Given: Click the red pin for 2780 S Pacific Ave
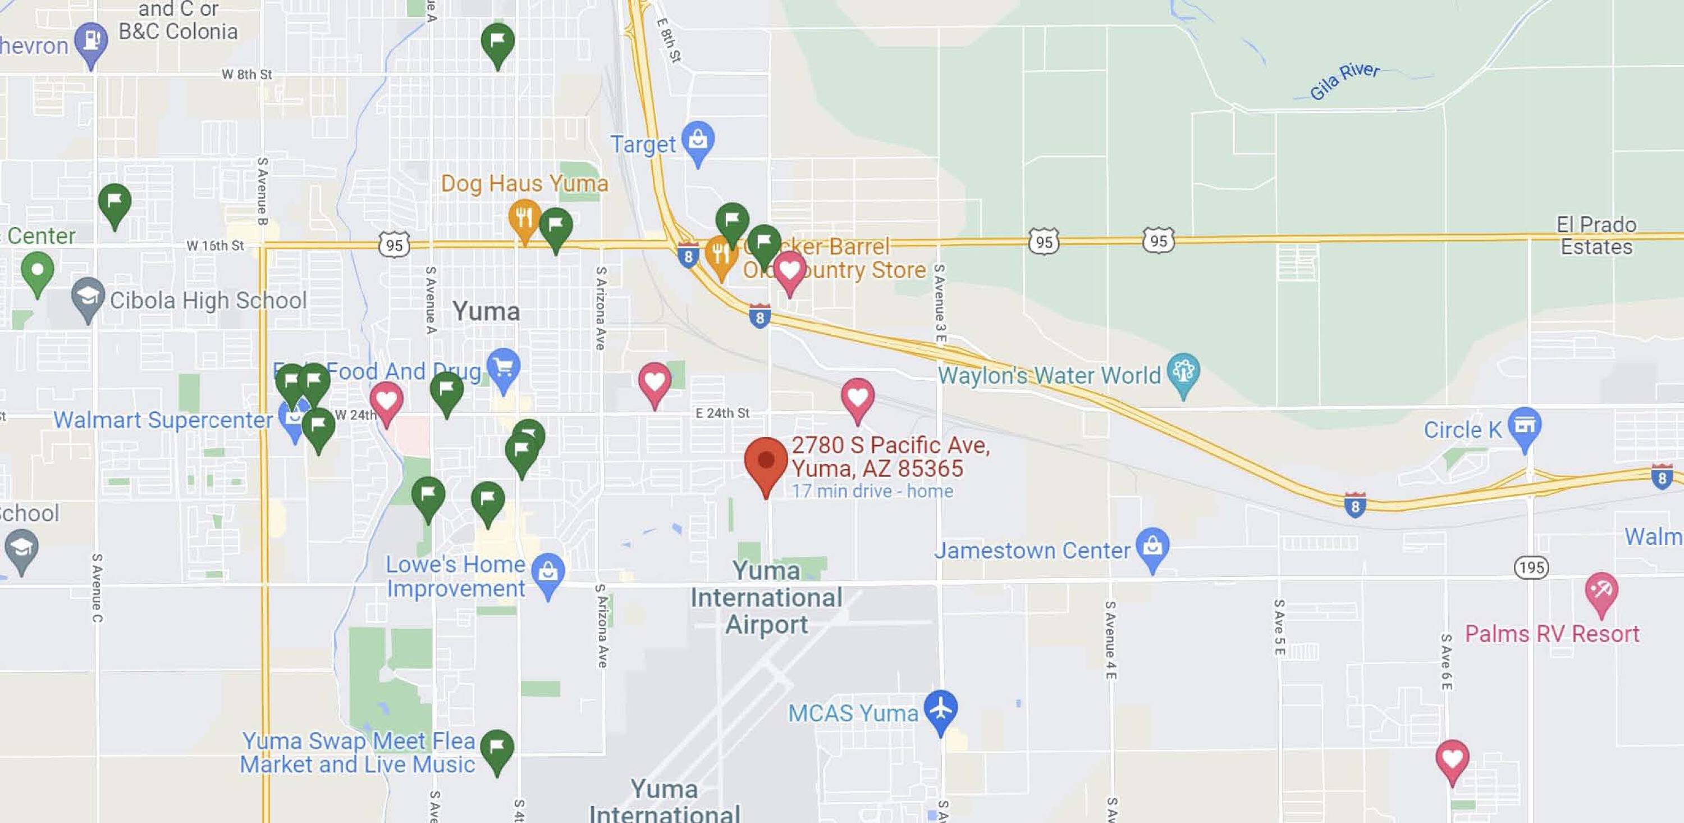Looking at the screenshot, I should pyautogui.click(x=766, y=461).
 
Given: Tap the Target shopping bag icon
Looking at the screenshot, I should pyautogui.click(x=698, y=139).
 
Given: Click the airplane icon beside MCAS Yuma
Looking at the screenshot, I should pyautogui.click(x=940, y=708).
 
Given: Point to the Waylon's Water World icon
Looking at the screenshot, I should pyautogui.click(x=1183, y=371).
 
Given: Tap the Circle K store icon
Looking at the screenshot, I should pyautogui.click(x=1525, y=426).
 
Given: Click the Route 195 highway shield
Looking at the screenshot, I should pyautogui.click(x=1531, y=567).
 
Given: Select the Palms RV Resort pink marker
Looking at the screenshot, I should pyautogui.click(x=1601, y=591).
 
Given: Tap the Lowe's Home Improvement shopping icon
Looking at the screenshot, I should pyautogui.click(x=548, y=572).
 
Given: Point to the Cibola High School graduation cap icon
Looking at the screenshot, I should pyautogui.click(x=88, y=297).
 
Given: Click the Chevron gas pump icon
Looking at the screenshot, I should pyautogui.click(x=91, y=40).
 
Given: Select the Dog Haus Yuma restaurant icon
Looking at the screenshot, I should pyautogui.click(x=524, y=218).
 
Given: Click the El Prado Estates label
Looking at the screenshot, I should pyautogui.click(x=1596, y=235).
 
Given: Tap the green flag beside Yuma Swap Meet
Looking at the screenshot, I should pyautogui.click(x=497, y=748).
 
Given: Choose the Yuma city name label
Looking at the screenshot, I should pyautogui.click(x=486, y=311).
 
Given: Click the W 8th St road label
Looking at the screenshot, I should pyautogui.click(x=246, y=75).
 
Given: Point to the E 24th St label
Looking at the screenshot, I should pyautogui.click(x=722, y=413).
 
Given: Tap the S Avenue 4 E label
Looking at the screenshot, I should pyautogui.click(x=1110, y=640).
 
